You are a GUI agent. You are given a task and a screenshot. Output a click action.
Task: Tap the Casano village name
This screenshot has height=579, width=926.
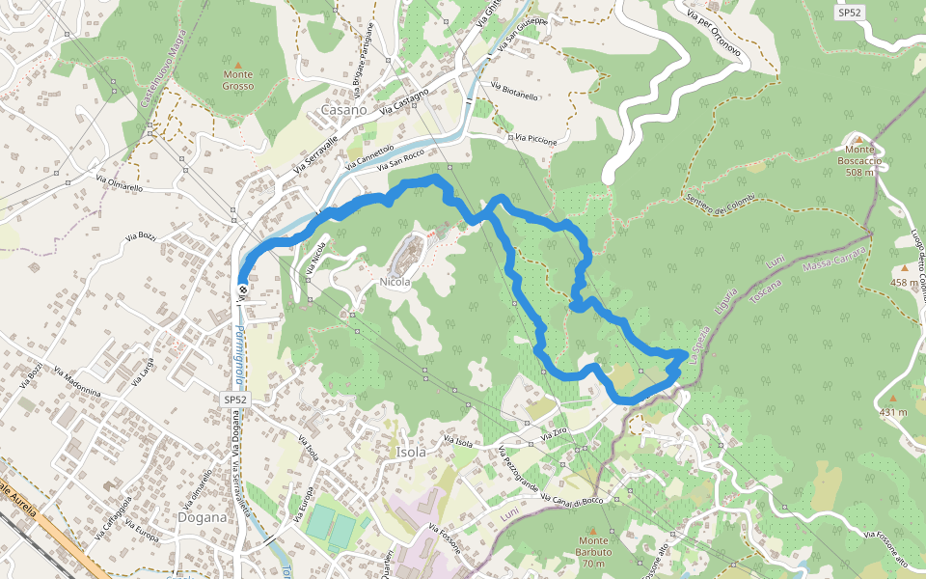(343, 110)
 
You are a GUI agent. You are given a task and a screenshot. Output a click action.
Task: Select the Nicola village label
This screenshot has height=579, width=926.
(395, 282)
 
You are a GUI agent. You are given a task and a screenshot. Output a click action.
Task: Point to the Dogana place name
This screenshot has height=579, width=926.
(203, 516)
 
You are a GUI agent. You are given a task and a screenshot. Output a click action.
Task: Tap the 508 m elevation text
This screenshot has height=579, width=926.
(859, 173)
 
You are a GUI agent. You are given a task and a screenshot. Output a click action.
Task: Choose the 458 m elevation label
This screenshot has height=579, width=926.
(906, 283)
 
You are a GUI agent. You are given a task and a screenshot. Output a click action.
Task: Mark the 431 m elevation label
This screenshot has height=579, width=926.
(893, 412)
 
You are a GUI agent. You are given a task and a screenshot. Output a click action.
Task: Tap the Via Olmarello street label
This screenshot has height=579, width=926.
(120, 182)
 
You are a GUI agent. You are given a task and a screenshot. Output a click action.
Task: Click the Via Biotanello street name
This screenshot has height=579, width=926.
(514, 92)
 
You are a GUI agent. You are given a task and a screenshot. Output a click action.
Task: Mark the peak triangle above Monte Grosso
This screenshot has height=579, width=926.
(238, 61)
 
